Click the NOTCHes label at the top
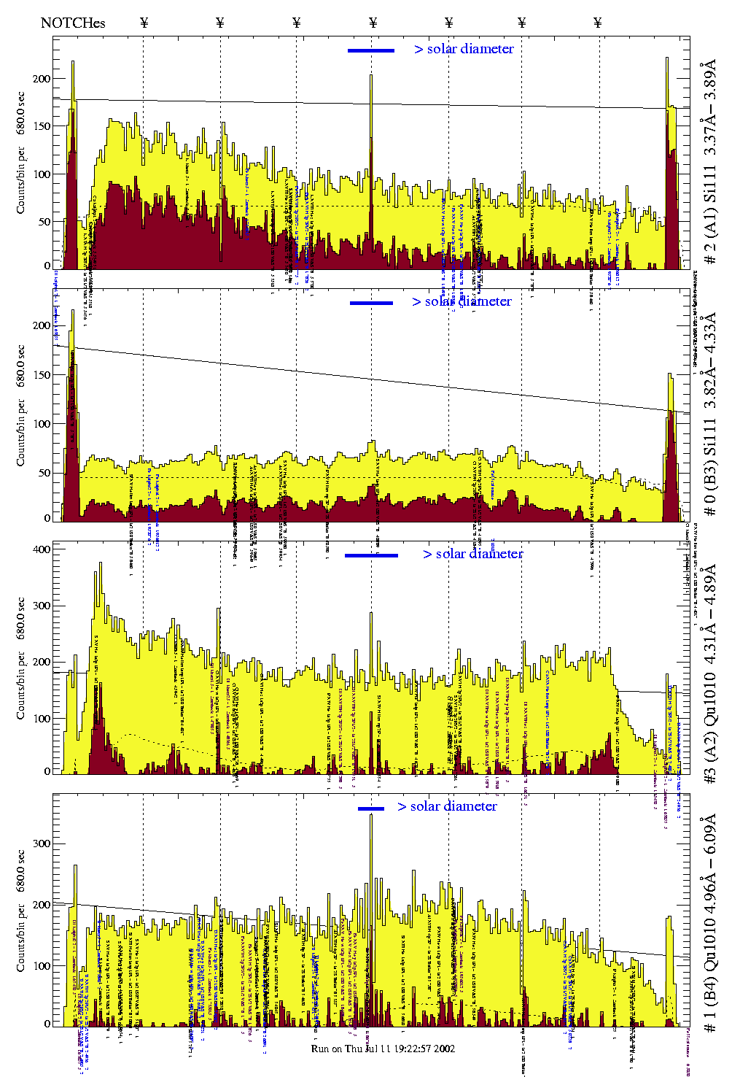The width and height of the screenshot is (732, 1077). coord(73,23)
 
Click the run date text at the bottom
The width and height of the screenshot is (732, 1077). coord(383,1049)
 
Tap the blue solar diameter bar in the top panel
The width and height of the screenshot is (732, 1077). coord(371,50)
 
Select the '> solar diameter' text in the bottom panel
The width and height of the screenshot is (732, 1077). coord(447,806)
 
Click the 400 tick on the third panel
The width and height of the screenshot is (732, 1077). coord(42,549)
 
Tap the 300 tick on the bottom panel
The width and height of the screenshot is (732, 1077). coord(42,844)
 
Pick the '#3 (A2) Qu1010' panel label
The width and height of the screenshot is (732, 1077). coord(709,675)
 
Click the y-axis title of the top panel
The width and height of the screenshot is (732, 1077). coord(21,153)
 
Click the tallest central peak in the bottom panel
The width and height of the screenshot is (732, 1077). coord(371,816)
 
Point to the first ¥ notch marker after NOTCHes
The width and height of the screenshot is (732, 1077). coord(144,23)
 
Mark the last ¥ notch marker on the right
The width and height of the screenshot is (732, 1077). coord(598,23)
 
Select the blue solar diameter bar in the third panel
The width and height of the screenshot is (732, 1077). coord(371,555)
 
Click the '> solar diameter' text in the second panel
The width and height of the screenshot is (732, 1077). coord(462,301)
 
